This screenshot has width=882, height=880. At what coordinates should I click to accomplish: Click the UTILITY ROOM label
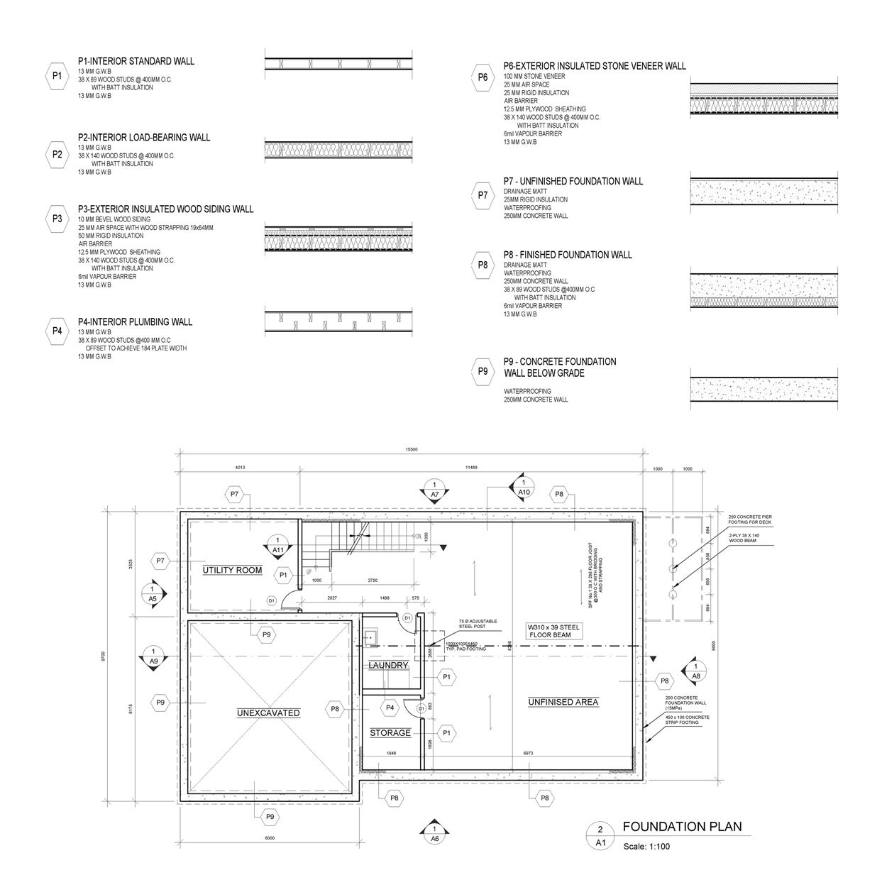point(232,570)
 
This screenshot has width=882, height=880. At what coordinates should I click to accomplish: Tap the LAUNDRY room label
point(388,665)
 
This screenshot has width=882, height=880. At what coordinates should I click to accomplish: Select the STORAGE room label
point(390,732)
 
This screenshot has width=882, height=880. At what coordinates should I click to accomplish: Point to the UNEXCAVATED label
point(268,713)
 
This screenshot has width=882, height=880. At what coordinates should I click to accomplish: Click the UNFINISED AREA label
point(563,702)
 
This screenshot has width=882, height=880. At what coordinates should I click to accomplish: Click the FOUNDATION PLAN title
point(682,827)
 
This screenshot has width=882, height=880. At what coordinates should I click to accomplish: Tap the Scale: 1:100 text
point(646,846)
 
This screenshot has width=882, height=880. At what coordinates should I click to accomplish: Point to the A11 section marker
point(278,544)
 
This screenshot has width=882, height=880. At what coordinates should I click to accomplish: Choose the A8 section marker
point(695,671)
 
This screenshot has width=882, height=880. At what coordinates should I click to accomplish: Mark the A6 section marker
point(434,834)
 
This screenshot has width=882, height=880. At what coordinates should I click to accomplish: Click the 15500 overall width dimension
point(412,449)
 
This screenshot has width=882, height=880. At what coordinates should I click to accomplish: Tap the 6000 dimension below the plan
point(270,838)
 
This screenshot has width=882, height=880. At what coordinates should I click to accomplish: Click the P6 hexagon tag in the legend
point(483,77)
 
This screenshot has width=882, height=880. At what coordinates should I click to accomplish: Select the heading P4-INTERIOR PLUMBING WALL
point(135,321)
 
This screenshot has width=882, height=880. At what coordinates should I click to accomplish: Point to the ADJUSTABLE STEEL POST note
point(478,624)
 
